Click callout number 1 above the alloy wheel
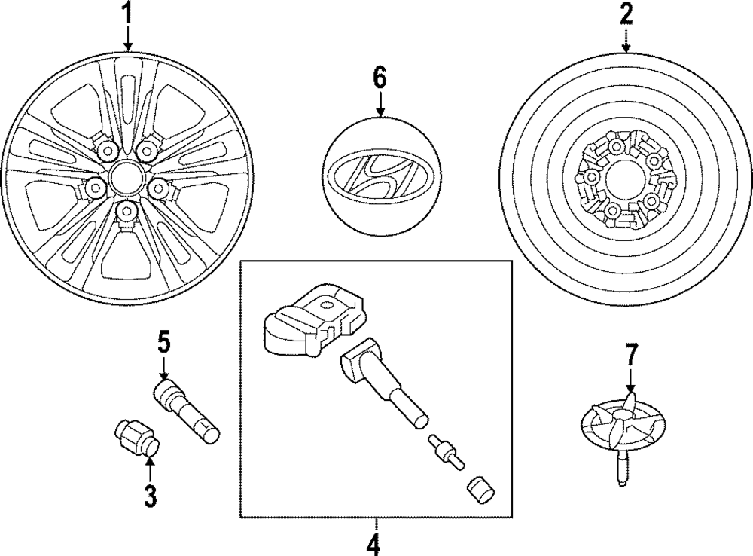coord(127,14)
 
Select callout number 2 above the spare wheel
coord(626,14)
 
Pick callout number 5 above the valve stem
coord(164,343)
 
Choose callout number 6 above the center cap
coord(380,77)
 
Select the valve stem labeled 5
coord(186,411)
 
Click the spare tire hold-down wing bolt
coord(620,432)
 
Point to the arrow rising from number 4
coord(374,525)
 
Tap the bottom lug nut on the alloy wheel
coord(127,209)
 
